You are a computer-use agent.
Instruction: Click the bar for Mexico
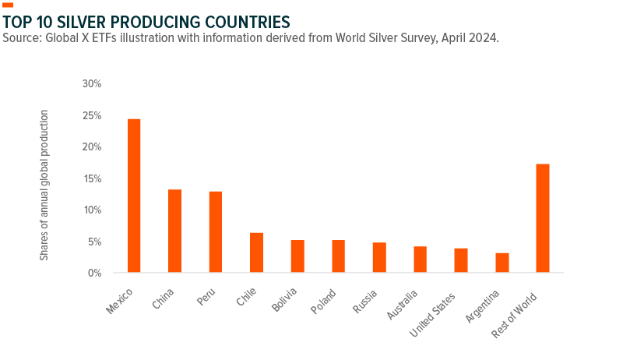point(134,196)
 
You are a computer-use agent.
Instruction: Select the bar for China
point(174,231)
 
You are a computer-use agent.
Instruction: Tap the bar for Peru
point(215,231)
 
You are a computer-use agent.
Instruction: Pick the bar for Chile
point(256,252)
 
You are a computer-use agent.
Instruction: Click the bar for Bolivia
point(297,256)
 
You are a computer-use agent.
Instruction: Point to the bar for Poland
point(338,256)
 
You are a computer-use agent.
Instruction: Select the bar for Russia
point(378,257)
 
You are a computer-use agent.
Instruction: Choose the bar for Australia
point(420,259)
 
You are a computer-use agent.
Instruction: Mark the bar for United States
point(461,260)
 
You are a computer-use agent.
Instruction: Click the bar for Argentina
point(502,263)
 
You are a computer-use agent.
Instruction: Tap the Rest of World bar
point(543,218)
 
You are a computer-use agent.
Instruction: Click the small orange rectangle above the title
point(8,5)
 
